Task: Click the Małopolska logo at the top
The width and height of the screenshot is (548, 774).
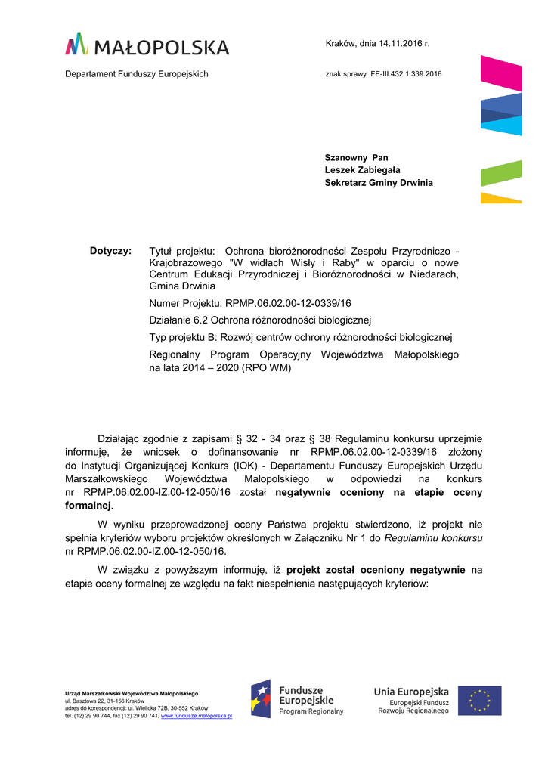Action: coord(147,45)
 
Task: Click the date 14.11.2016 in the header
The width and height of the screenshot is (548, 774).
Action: coord(401,44)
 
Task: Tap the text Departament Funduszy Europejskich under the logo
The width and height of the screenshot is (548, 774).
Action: coord(136,74)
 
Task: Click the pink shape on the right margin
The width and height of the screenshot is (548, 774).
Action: coord(500,73)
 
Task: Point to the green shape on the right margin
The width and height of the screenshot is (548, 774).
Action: coord(501,173)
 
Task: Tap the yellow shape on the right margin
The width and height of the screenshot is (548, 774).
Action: coord(501,198)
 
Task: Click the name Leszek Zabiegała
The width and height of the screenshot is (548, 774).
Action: coord(362,170)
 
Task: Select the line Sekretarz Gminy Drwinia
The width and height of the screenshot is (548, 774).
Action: coord(379,183)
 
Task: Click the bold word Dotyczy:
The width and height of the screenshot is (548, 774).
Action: coord(110,250)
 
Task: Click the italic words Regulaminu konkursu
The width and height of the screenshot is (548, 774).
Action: coord(434,538)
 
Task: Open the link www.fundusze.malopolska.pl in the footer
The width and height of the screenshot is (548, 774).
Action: coord(197,715)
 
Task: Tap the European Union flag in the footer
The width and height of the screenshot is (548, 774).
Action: coord(484,701)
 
